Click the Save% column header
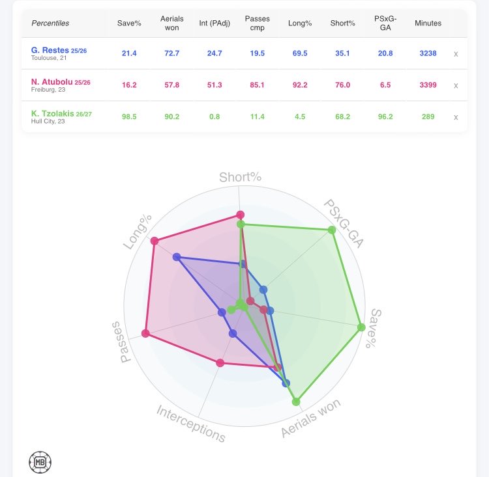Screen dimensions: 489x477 point(129,23)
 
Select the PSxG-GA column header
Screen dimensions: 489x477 point(385,23)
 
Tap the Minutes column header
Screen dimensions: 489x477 point(428,23)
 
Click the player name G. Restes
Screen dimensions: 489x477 point(50,50)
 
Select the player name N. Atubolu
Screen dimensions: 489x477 point(52,82)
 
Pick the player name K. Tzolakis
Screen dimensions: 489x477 point(52,114)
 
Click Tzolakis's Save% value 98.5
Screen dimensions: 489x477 point(129,116)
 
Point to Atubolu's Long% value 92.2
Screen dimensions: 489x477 point(300,85)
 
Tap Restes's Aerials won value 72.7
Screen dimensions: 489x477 point(172,53)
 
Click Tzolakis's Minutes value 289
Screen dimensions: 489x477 point(428,116)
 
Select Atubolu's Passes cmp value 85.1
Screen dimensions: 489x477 point(257,85)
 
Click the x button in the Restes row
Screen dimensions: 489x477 point(456,54)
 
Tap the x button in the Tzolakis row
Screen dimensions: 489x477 point(456,117)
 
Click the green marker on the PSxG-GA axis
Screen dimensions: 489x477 point(332,230)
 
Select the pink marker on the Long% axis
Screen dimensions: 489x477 point(155,241)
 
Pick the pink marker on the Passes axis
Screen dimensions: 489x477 point(145,333)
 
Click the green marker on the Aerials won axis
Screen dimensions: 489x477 point(296,402)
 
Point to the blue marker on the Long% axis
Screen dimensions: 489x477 point(177,257)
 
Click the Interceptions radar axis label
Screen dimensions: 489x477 point(191,424)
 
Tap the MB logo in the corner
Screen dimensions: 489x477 point(40,463)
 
